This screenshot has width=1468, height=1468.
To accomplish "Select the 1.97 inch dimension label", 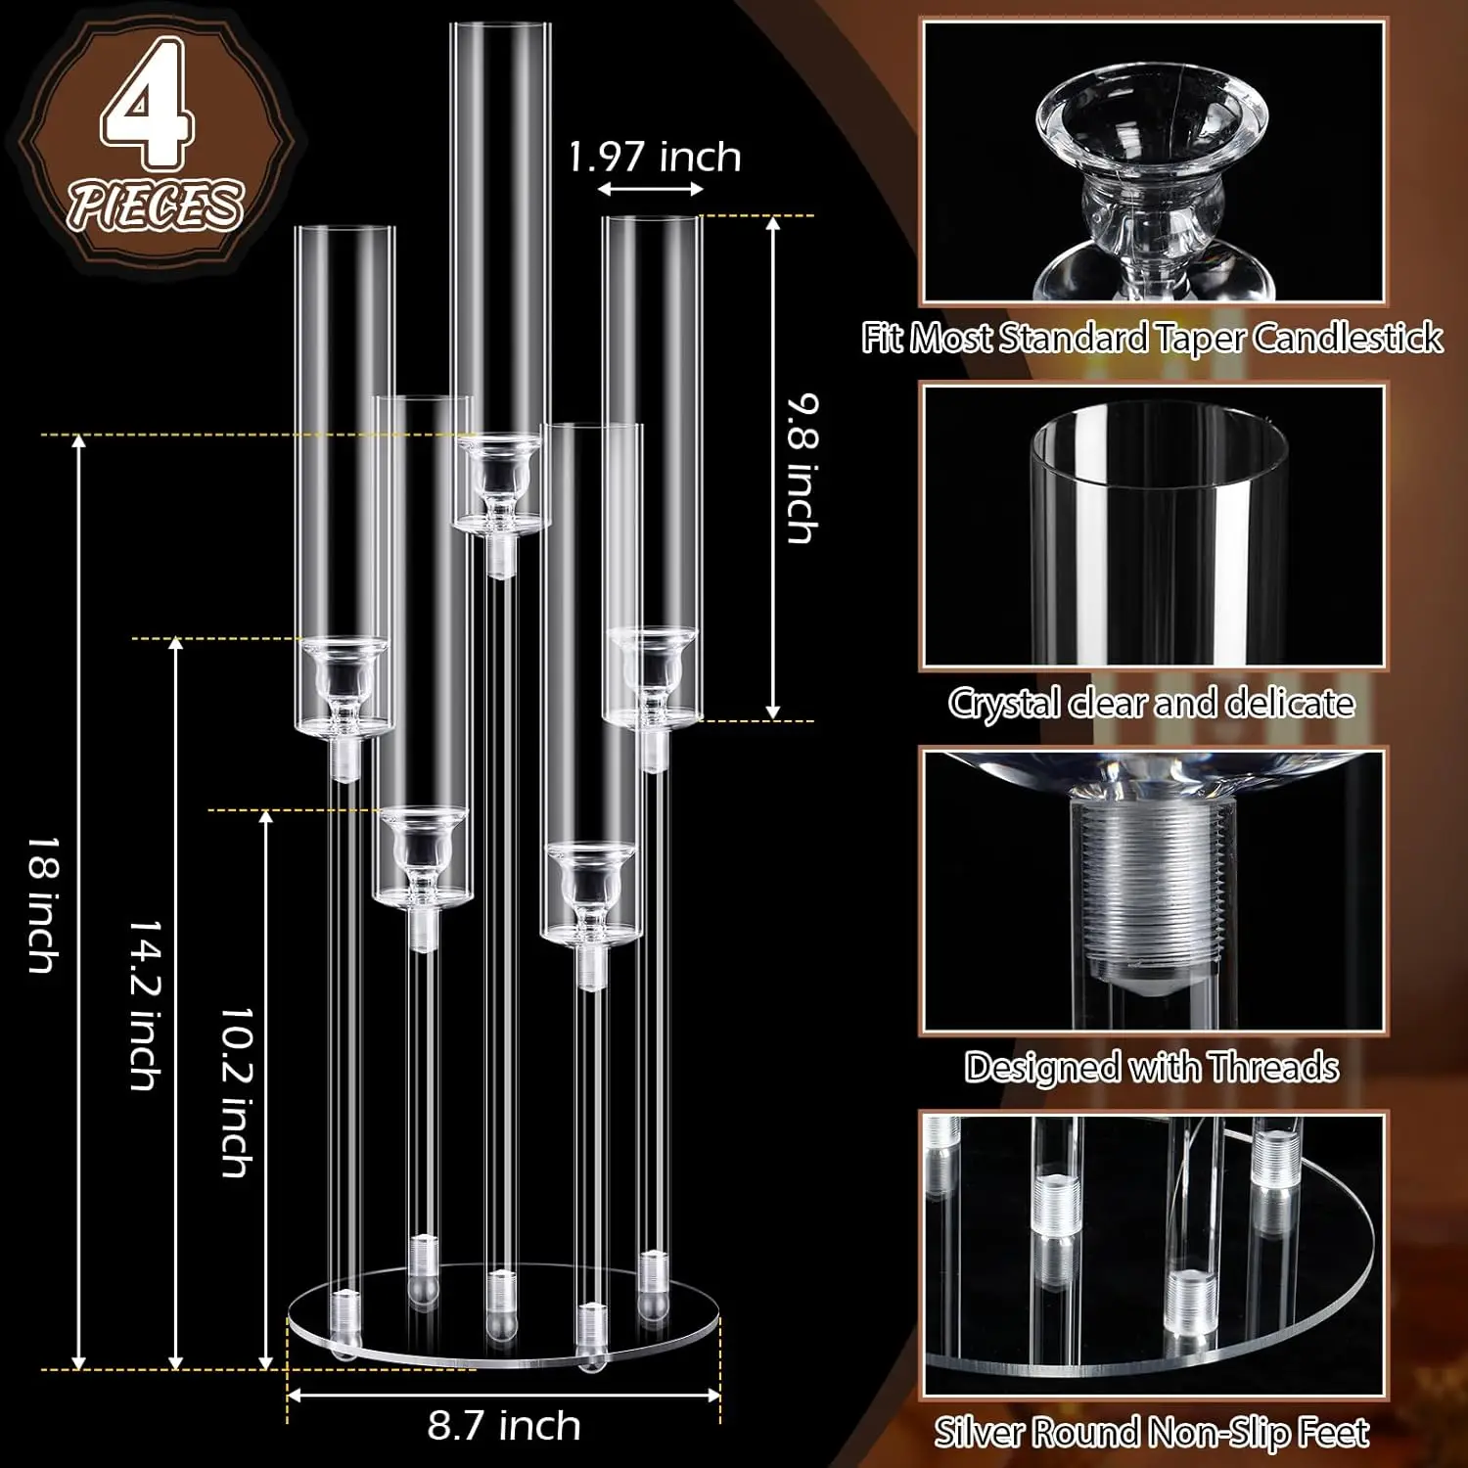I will [655, 157].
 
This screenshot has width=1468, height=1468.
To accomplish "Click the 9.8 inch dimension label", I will [803, 468].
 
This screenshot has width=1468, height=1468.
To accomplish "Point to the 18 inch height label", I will [42, 904].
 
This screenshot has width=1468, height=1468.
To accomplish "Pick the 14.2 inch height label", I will [145, 1004].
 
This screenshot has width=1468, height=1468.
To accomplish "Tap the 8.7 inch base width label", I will [504, 1425].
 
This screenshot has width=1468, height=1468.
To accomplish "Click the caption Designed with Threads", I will [1152, 1067].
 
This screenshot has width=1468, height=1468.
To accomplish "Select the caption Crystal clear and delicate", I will [1152, 703].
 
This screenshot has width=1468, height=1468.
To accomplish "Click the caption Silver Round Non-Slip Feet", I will [1152, 1433].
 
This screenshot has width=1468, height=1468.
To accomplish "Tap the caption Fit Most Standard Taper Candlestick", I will [1152, 338].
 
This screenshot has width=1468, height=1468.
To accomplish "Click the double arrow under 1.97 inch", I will [650, 189].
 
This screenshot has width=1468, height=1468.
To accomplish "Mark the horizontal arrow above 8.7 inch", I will [504, 1395].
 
